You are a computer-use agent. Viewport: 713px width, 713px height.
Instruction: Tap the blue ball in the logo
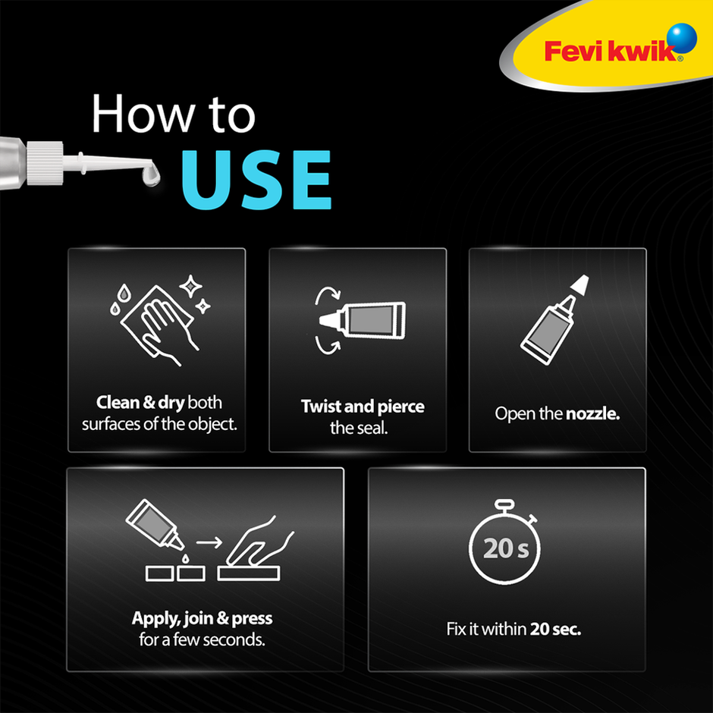pos(683,37)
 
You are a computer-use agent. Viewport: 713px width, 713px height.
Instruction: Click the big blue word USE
pos(256,180)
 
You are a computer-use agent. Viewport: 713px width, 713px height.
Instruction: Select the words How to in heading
pos(173,115)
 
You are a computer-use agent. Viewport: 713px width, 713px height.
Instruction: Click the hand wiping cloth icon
pos(156,322)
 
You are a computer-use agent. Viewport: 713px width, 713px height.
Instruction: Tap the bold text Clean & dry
pos(140,402)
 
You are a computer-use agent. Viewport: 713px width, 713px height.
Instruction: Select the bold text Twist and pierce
pos(362,406)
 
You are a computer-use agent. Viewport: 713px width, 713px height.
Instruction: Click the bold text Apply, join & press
pos(201,618)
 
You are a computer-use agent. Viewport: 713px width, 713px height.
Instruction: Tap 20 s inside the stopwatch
pos(506,548)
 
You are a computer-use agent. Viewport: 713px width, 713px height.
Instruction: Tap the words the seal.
pos(359,428)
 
